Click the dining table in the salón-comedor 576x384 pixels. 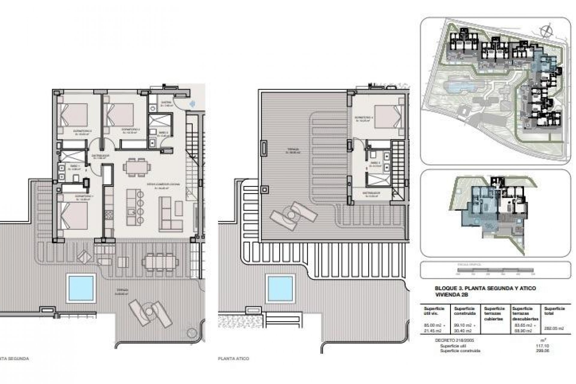[x=137, y=167]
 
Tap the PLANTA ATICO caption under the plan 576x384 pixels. [x=234, y=358]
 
